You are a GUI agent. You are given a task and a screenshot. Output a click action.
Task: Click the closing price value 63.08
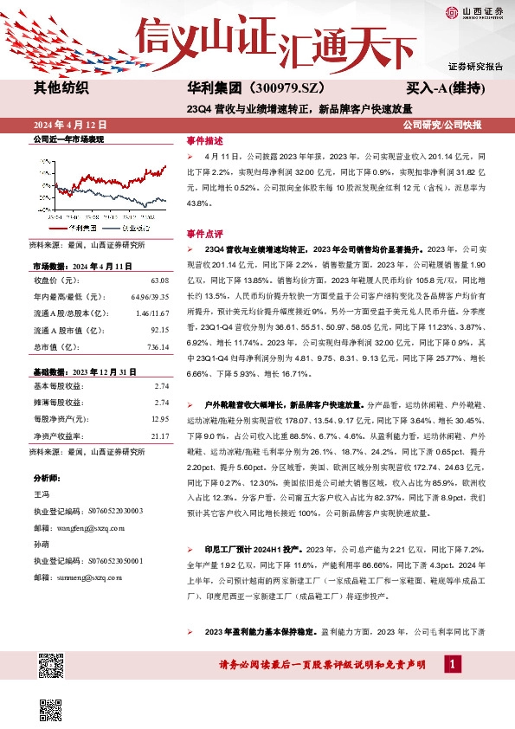coord(159,281)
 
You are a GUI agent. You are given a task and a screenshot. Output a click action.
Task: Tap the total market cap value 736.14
coord(157,323)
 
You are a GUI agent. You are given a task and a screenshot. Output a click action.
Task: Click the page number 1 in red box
coord(451,663)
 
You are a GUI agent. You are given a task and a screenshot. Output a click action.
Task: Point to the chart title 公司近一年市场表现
coord(68,139)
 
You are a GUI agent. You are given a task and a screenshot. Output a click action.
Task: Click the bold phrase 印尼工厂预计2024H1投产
coord(247,549)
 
